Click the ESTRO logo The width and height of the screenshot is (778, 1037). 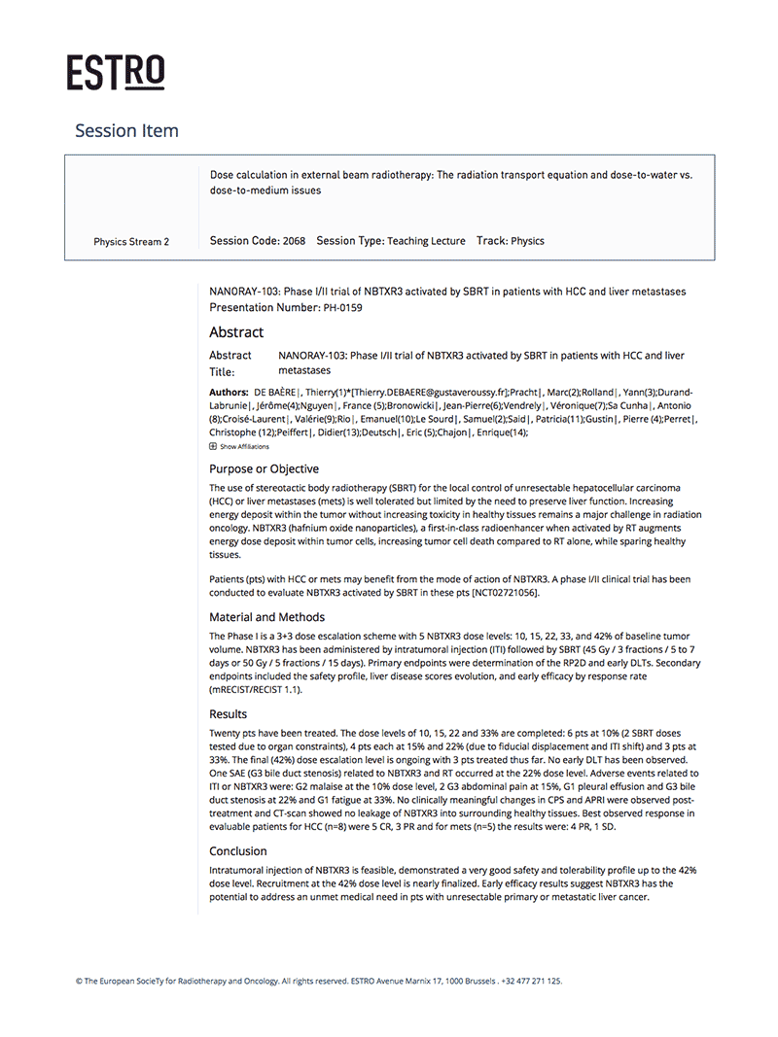tap(116, 73)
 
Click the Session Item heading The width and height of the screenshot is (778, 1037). tap(126, 130)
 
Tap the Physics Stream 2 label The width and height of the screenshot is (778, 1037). tap(131, 242)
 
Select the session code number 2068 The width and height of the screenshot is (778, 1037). tap(294, 241)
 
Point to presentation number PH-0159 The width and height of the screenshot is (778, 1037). tap(343, 307)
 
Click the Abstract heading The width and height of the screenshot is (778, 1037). tap(236, 332)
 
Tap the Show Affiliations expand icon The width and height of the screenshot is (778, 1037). tap(213, 446)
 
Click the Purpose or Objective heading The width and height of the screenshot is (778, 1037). tap(264, 468)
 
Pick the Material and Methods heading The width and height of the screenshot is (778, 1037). tap(266, 616)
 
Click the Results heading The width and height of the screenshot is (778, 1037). tap(229, 713)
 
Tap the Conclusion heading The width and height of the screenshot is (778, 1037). tap(237, 850)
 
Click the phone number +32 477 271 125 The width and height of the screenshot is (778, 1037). tap(532, 982)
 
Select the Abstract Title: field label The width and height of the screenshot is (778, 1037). tap(230, 363)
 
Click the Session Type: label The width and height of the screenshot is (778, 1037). tap(351, 241)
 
